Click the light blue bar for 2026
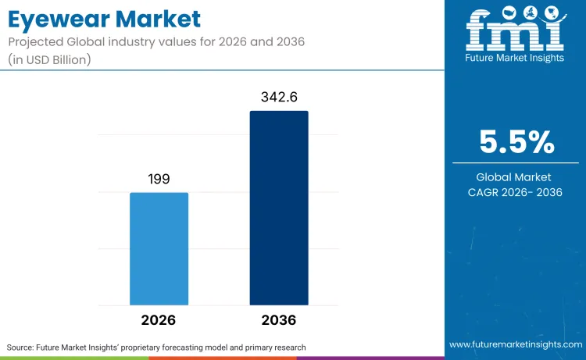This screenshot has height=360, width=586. [159, 248]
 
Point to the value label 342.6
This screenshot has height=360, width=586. [279, 98]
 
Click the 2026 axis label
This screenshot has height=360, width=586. [159, 320]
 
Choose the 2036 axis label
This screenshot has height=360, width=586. [279, 320]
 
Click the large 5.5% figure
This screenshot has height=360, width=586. [516, 142]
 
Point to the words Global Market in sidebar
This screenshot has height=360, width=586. [516, 177]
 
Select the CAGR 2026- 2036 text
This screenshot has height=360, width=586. [516, 192]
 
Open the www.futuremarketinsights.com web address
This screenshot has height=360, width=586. [515, 344]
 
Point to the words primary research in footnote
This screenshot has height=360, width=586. [274, 347]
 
